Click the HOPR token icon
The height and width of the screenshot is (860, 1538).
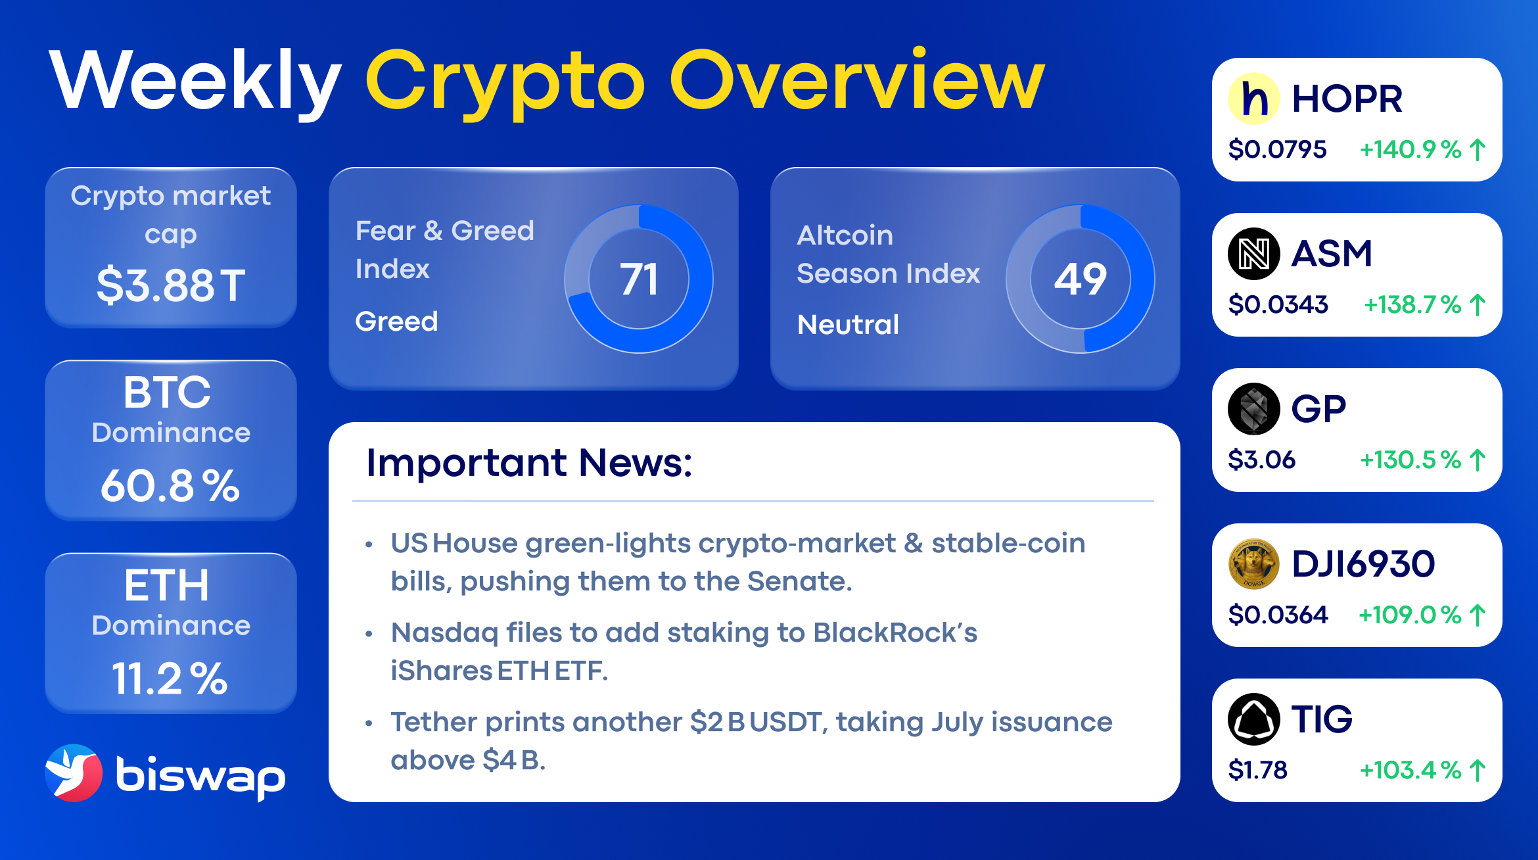[x=1253, y=99]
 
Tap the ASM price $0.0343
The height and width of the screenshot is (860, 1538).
[x=1278, y=304]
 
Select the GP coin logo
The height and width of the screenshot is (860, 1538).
[x=1253, y=409]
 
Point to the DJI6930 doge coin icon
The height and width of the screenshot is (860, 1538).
[x=1253, y=564]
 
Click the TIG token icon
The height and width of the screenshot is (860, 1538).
[x=1253, y=719]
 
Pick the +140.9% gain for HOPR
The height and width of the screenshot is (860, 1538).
[x=1410, y=149]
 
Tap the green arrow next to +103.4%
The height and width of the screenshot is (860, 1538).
[x=1478, y=771]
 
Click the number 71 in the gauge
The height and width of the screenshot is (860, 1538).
[x=638, y=279]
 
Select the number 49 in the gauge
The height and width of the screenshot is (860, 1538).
[x=1080, y=279]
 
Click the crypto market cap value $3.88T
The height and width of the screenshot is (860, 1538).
[x=171, y=285]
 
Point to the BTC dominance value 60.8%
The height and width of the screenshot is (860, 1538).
[x=170, y=486]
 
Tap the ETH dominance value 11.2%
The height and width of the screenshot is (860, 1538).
[x=170, y=679]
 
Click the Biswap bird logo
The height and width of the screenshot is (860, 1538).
[x=74, y=773]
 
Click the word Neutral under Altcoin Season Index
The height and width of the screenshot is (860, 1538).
[x=848, y=325]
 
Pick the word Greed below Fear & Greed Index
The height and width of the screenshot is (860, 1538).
[x=396, y=322]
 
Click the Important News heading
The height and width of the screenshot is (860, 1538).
[x=529, y=462]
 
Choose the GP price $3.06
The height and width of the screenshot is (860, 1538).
[x=1261, y=460]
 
